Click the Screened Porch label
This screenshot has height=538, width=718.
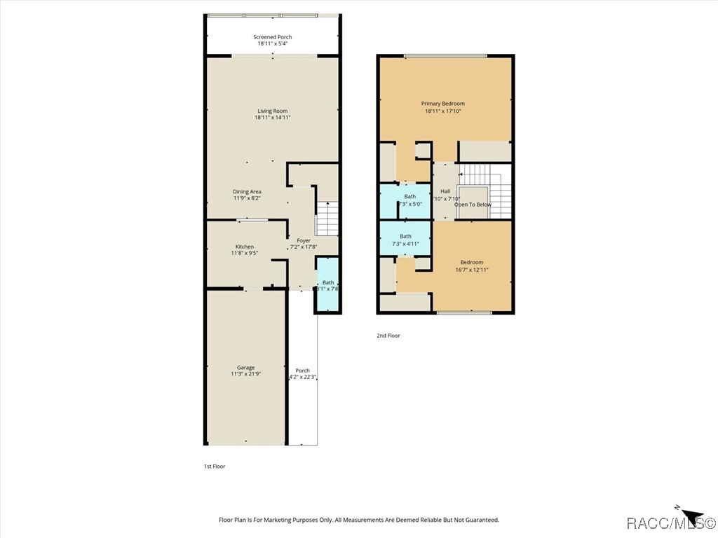[272, 37]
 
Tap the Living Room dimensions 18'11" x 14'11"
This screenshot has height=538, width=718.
[272, 118]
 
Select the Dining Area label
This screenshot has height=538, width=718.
[247, 191]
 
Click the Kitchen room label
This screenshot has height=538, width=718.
[244, 247]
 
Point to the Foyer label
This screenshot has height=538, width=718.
[304, 240]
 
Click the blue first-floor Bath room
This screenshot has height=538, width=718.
[327, 284]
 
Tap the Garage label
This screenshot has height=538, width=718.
[245, 367]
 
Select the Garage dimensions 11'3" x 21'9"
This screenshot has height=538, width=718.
[245, 374]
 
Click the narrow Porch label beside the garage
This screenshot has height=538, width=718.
[302, 371]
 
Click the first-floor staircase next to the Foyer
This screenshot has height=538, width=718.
[327, 218]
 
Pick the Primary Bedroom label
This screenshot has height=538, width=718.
[442, 104]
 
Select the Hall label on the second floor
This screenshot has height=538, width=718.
[445, 191]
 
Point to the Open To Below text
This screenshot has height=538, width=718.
[473, 205]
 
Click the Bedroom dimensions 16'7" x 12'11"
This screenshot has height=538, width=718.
[471, 269]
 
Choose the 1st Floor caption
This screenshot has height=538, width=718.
[214, 466]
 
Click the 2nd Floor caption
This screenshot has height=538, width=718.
[388, 336]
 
